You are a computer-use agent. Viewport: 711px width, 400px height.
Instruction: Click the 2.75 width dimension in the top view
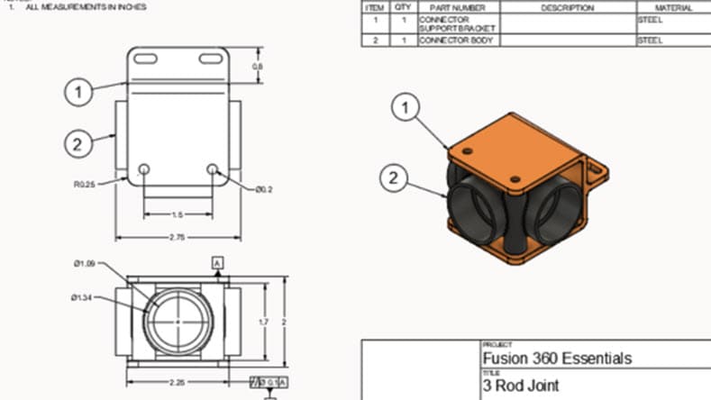click(177, 237)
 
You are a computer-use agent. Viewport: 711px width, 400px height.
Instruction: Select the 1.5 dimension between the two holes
click(178, 214)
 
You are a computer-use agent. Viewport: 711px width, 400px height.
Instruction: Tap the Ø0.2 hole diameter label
click(263, 189)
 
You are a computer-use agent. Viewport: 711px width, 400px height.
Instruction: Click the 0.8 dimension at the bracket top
click(257, 67)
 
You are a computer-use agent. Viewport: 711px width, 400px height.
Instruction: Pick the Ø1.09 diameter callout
click(85, 263)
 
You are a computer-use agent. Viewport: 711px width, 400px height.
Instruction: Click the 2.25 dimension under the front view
click(176, 383)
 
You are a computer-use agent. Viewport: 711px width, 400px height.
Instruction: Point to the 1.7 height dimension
click(262, 321)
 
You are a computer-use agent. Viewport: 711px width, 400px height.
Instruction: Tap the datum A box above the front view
click(217, 262)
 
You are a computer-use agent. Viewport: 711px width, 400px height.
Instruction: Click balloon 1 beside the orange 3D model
click(406, 108)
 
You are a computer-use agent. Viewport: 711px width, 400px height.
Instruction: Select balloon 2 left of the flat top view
click(79, 143)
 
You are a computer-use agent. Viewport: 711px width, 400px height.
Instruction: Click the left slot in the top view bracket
click(145, 59)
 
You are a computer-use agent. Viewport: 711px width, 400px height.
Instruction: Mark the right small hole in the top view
click(213, 168)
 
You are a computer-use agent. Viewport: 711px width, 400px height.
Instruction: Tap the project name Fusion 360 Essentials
click(557, 359)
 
